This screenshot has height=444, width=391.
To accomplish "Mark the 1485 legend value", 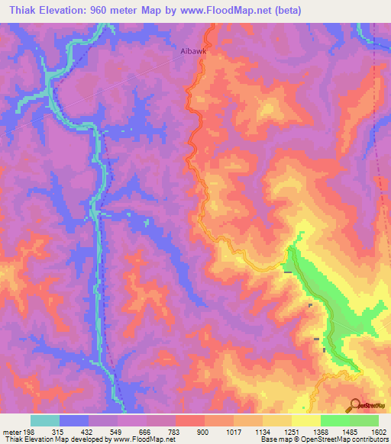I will tap(349, 431).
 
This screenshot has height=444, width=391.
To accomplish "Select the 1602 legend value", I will tap(378, 431).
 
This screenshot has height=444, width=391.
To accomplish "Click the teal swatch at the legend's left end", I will tap(45, 420).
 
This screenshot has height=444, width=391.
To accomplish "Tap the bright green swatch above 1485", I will tap(334, 420).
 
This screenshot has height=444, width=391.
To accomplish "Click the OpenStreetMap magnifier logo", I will tap(354, 404).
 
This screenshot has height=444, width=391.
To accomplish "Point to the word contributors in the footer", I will tap(370, 439).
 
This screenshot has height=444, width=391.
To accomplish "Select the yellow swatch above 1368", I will tap(305, 420).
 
